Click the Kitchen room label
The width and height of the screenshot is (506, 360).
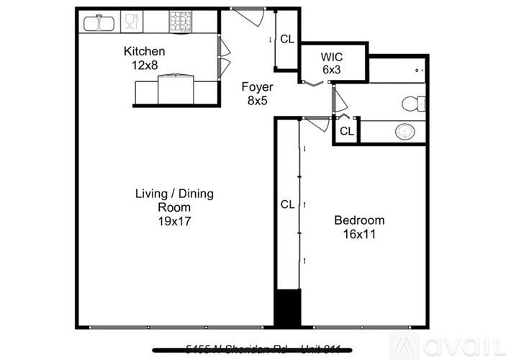point(144,52)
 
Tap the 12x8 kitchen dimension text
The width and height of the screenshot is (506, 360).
point(145,65)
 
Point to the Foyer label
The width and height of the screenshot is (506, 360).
point(257,88)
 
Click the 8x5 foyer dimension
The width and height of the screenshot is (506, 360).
point(257,101)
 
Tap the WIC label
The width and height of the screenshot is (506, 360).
point(333,57)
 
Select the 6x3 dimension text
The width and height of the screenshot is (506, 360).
point(333,69)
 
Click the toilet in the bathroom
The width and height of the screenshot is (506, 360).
point(412,104)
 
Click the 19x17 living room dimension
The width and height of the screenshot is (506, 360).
point(174,221)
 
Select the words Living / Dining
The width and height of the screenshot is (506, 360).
point(174,194)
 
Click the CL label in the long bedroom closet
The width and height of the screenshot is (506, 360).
point(287,204)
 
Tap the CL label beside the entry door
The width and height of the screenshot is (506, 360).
point(286,40)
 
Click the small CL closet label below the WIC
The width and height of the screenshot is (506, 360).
point(346,131)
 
